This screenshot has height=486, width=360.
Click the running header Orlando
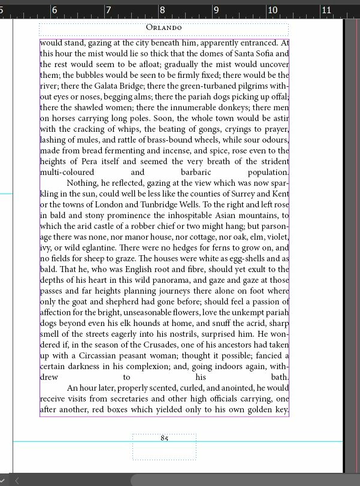(x=164, y=28)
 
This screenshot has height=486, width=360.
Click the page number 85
(x=164, y=438)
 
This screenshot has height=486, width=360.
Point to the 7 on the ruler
(x=108, y=10)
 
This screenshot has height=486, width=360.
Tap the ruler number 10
(x=272, y=10)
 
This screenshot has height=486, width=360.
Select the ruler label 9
(x=216, y=10)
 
